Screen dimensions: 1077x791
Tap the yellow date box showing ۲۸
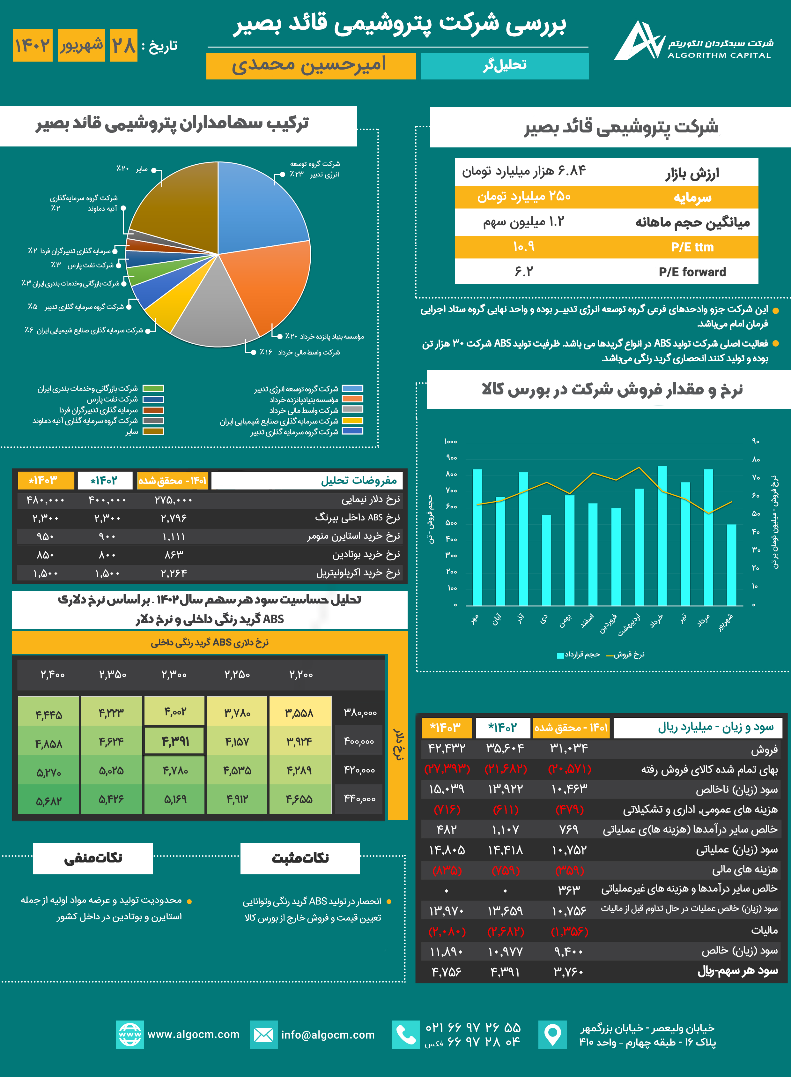(123, 46)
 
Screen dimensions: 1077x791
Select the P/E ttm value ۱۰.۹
(523, 247)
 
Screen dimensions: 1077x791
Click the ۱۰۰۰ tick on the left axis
(451, 441)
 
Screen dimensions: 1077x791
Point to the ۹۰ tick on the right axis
(756, 441)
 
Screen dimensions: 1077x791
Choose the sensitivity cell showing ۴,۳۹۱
(175, 741)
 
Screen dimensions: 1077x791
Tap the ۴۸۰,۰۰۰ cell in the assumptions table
(46, 500)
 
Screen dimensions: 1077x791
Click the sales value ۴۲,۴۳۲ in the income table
(446, 748)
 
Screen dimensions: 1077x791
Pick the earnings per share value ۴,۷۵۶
(446, 972)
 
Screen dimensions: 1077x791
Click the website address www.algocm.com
(193, 1034)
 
